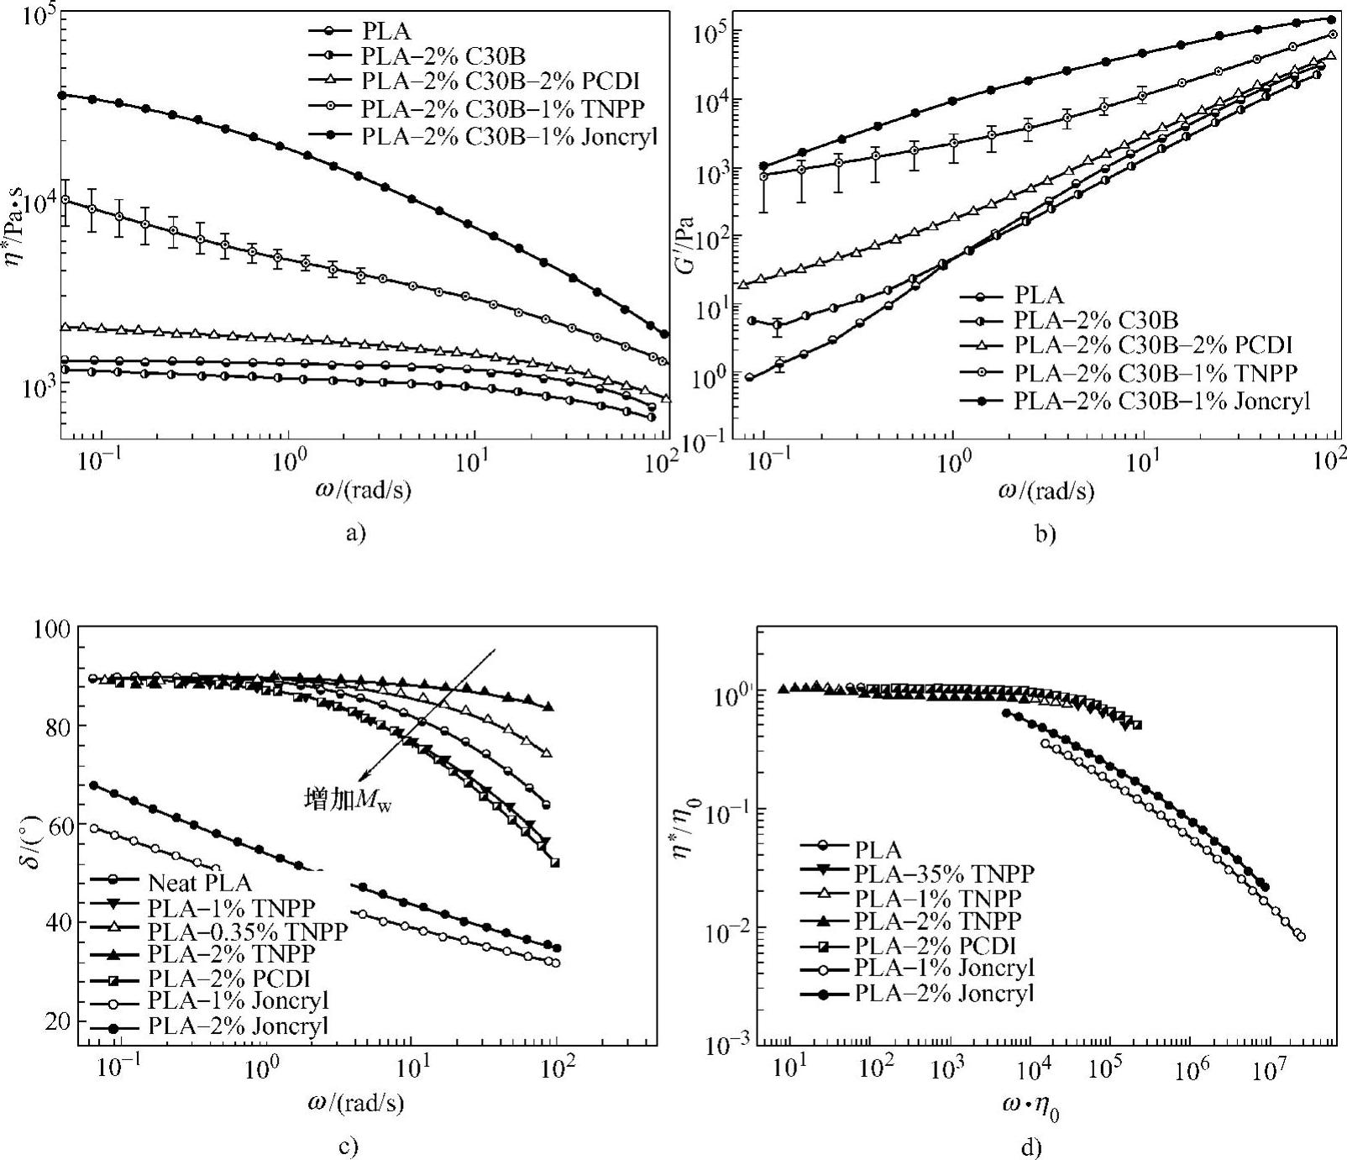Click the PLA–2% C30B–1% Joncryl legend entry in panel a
509,134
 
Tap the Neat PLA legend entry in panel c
200,883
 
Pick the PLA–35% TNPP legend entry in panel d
944,873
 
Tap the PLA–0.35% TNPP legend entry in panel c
247,931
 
